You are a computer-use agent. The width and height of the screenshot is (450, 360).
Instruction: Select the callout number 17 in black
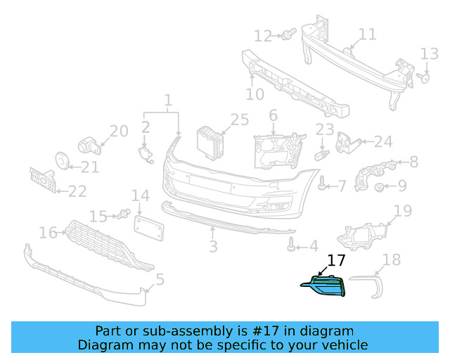[x=337, y=260]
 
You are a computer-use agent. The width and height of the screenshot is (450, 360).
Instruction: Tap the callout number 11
[x=367, y=34]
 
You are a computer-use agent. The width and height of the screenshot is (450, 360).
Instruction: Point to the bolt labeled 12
[x=286, y=34]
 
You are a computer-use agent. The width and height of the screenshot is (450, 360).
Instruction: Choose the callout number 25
[x=239, y=120]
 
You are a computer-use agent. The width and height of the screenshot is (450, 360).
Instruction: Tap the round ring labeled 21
[x=61, y=162]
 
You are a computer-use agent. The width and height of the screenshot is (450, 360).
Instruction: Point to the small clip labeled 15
[x=124, y=214]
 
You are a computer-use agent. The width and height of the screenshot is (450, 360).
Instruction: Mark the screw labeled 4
[x=290, y=246]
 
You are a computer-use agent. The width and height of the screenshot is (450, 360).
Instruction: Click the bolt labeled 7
[x=322, y=185]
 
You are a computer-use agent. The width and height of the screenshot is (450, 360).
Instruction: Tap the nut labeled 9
[x=379, y=187]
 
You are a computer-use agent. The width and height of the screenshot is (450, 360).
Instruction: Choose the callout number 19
[x=402, y=210]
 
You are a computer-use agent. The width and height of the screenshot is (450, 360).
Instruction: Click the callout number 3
[x=213, y=246]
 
